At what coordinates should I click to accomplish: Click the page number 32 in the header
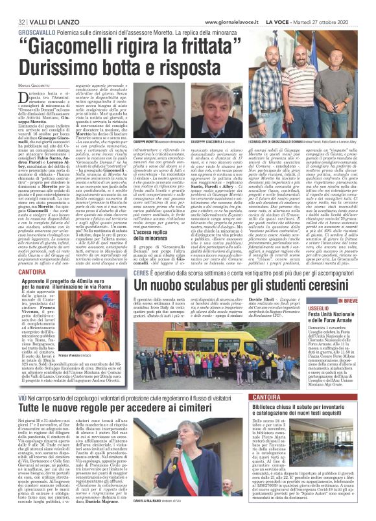13,6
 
